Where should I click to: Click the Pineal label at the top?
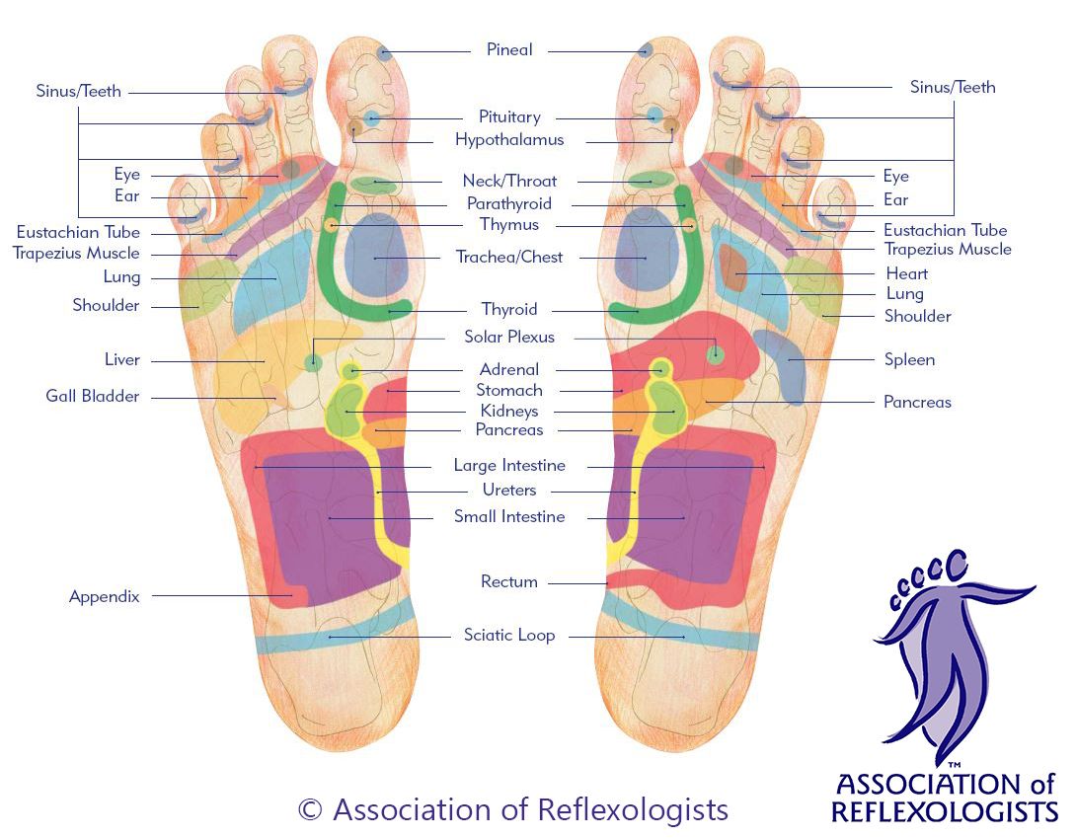tap(509, 49)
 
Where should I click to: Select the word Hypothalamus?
tap(509, 140)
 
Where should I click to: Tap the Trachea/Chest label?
tap(509, 257)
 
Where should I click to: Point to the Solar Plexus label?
tap(509, 337)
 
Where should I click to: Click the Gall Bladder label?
tap(93, 396)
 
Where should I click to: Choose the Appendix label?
tap(104, 596)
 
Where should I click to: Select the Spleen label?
tap(909, 360)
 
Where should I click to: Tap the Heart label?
tap(906, 274)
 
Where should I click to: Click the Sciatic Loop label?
tap(509, 635)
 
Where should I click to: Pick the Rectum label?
tap(509, 581)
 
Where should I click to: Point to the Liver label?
tap(121, 359)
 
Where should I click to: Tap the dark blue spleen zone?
tap(782, 365)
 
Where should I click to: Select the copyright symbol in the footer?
tap(310, 809)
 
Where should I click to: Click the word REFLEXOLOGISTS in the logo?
tap(945, 811)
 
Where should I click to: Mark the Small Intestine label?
tap(509, 516)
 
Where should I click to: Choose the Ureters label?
tap(509, 490)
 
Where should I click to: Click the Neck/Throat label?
tap(509, 181)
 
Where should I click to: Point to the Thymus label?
tap(509, 225)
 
